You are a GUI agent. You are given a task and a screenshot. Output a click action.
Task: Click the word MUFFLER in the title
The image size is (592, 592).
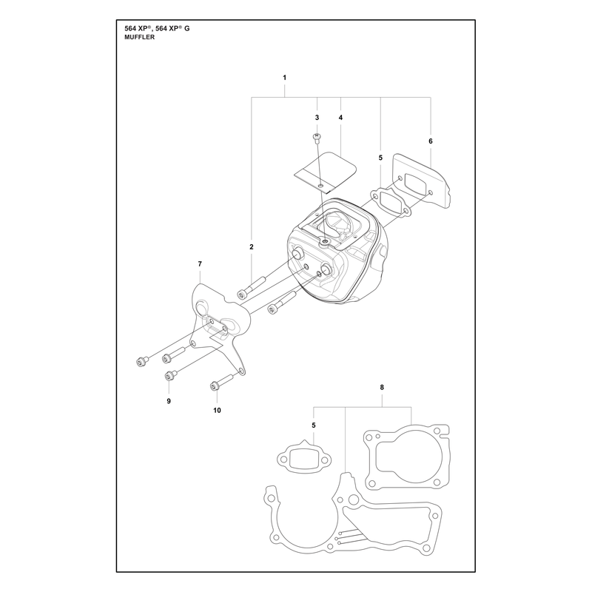click(x=139, y=38)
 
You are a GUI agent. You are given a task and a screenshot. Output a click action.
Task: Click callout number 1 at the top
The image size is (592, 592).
click(x=285, y=78)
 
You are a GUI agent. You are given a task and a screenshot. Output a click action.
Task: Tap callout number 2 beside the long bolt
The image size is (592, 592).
click(x=252, y=247)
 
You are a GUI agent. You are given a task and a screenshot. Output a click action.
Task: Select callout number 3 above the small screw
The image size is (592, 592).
click(x=317, y=118)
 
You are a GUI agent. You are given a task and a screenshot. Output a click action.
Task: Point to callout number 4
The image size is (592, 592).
click(x=340, y=118)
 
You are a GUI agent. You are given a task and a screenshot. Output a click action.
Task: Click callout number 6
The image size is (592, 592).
click(x=431, y=141)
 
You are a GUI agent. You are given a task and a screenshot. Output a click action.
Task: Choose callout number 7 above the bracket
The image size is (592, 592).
click(x=200, y=264)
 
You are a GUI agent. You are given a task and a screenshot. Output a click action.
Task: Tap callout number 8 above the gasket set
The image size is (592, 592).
click(x=382, y=387)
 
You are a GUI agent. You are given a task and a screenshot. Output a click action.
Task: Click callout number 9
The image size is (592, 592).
click(x=169, y=401)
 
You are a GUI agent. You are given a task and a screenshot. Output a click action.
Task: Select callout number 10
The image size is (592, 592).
click(x=217, y=411)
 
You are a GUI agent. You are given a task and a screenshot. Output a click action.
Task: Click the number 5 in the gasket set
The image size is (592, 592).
click(x=314, y=425)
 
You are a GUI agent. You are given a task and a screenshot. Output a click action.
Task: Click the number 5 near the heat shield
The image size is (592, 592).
click(x=380, y=158)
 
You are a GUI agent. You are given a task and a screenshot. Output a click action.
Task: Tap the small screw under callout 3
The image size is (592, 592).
click(x=317, y=138)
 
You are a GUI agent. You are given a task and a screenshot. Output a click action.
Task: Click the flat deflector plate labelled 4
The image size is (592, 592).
click(x=325, y=171)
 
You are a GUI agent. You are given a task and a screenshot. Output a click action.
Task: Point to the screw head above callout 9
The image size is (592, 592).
click(x=169, y=376)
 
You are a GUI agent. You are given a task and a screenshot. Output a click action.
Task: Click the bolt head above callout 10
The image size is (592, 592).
click(x=215, y=386)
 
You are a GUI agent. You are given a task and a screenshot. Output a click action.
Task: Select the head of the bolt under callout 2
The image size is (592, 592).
click(x=242, y=295)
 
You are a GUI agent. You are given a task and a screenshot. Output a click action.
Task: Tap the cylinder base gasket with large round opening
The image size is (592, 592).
click(x=406, y=457)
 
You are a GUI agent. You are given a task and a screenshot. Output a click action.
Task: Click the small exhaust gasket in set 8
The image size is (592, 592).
click(x=304, y=458)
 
